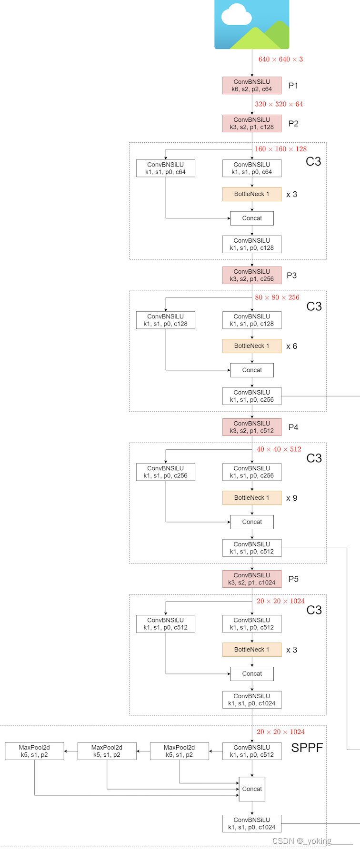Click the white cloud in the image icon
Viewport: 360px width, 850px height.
[x=237, y=14]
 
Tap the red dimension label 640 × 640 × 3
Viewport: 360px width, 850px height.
[x=280, y=59]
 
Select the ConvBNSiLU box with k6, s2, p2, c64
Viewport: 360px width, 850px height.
[x=252, y=86]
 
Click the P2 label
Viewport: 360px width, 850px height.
[x=293, y=124]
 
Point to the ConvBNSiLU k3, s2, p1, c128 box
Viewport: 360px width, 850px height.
[x=252, y=124]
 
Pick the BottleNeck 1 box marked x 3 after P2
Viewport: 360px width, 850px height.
[x=252, y=194]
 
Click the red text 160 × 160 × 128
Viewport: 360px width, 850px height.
[x=280, y=149]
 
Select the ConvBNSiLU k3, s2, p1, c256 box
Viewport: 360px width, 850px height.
[x=252, y=276]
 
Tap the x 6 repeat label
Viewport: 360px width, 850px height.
[x=291, y=346]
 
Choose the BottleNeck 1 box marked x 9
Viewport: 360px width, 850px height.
[x=252, y=498]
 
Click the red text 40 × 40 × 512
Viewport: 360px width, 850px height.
[x=279, y=449]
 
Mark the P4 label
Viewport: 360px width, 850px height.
[x=293, y=427]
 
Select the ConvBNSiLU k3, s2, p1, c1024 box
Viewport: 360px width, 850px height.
[x=252, y=579]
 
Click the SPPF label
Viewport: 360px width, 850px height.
[x=307, y=748]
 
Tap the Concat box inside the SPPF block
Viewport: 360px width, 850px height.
[x=252, y=789]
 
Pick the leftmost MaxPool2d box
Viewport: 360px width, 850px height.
[x=34, y=751]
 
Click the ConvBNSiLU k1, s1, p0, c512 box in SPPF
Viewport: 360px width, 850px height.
[x=252, y=751]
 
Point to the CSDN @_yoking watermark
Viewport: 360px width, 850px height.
[x=302, y=841]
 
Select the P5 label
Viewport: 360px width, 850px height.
[x=293, y=579]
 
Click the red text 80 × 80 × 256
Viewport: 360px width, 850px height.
[x=277, y=297]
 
